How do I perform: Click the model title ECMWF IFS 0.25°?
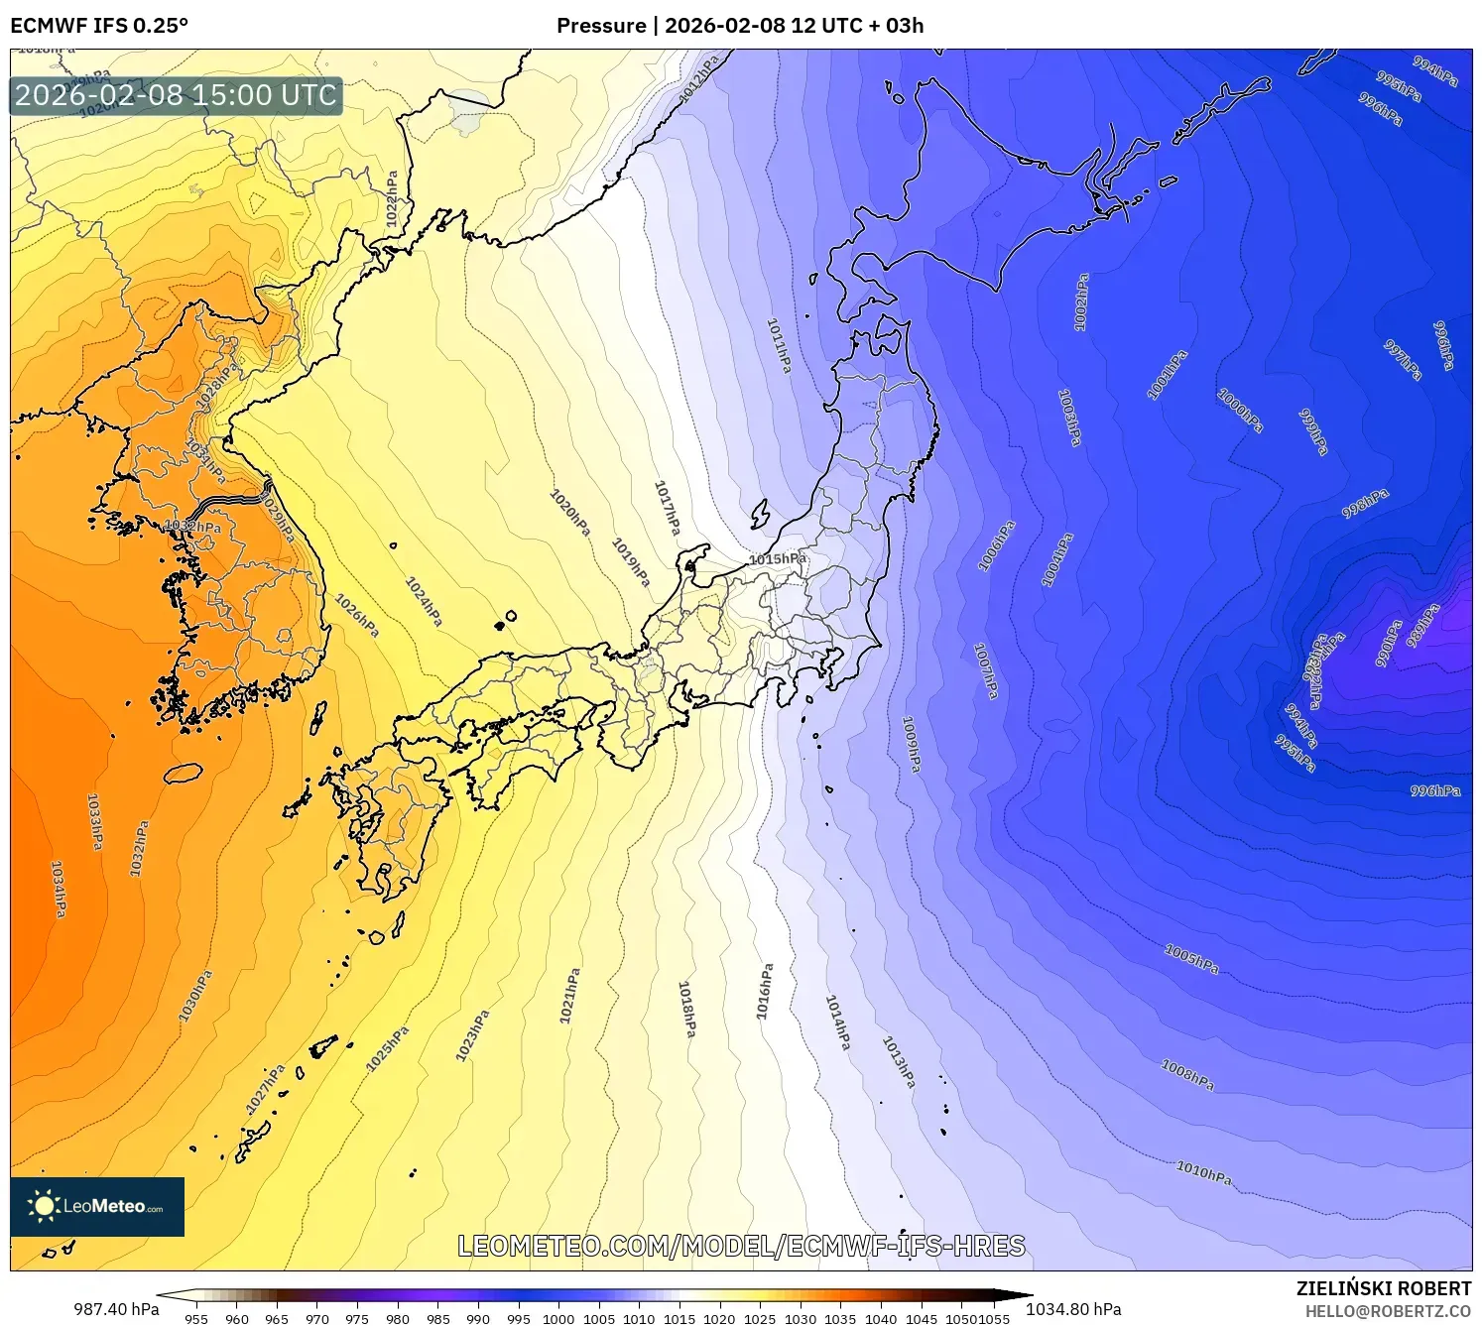click(99, 26)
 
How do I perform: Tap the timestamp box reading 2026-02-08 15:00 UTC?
click(177, 95)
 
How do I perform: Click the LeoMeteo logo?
click(97, 1206)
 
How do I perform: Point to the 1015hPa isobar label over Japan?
click(778, 559)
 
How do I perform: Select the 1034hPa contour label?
click(59, 889)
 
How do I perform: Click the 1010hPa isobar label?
click(1203, 1172)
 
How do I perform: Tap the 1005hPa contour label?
click(1191, 959)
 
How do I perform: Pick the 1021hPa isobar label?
click(569, 996)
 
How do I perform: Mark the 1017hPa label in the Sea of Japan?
click(667, 508)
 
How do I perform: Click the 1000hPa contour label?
click(1240, 410)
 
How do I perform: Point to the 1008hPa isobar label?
click(1187, 1074)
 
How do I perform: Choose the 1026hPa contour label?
click(357, 615)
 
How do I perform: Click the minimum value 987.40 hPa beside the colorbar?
click(116, 1309)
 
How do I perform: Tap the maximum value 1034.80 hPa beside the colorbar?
click(1073, 1309)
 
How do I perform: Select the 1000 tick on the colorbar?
click(558, 1319)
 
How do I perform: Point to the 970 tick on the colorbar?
click(317, 1319)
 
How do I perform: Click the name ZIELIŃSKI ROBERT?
click(1384, 1288)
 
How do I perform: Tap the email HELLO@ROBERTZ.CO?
click(1388, 1311)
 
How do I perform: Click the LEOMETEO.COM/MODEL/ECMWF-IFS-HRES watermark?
click(741, 1247)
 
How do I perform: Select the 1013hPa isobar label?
click(899, 1062)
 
